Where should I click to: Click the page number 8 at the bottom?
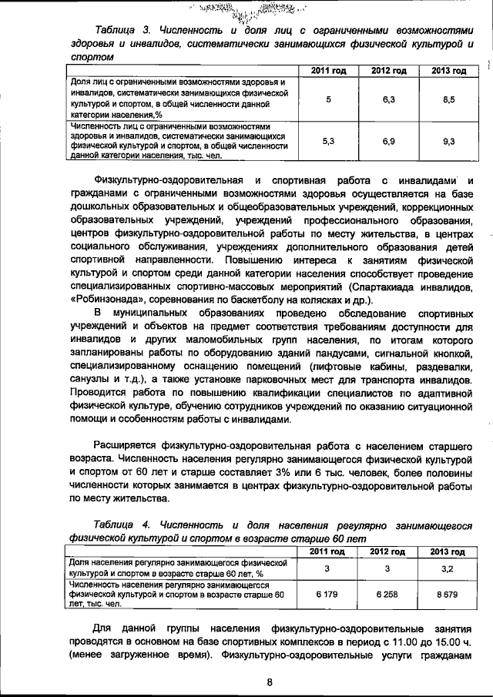pos(270,681)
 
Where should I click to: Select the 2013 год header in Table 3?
pos(448,71)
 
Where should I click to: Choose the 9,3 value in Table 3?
pos(448,141)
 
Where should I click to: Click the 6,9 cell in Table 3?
pos(388,141)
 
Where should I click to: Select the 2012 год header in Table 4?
pos(388,551)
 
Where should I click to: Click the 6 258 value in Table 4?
pos(388,595)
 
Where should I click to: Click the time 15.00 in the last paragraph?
pos(446,641)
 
